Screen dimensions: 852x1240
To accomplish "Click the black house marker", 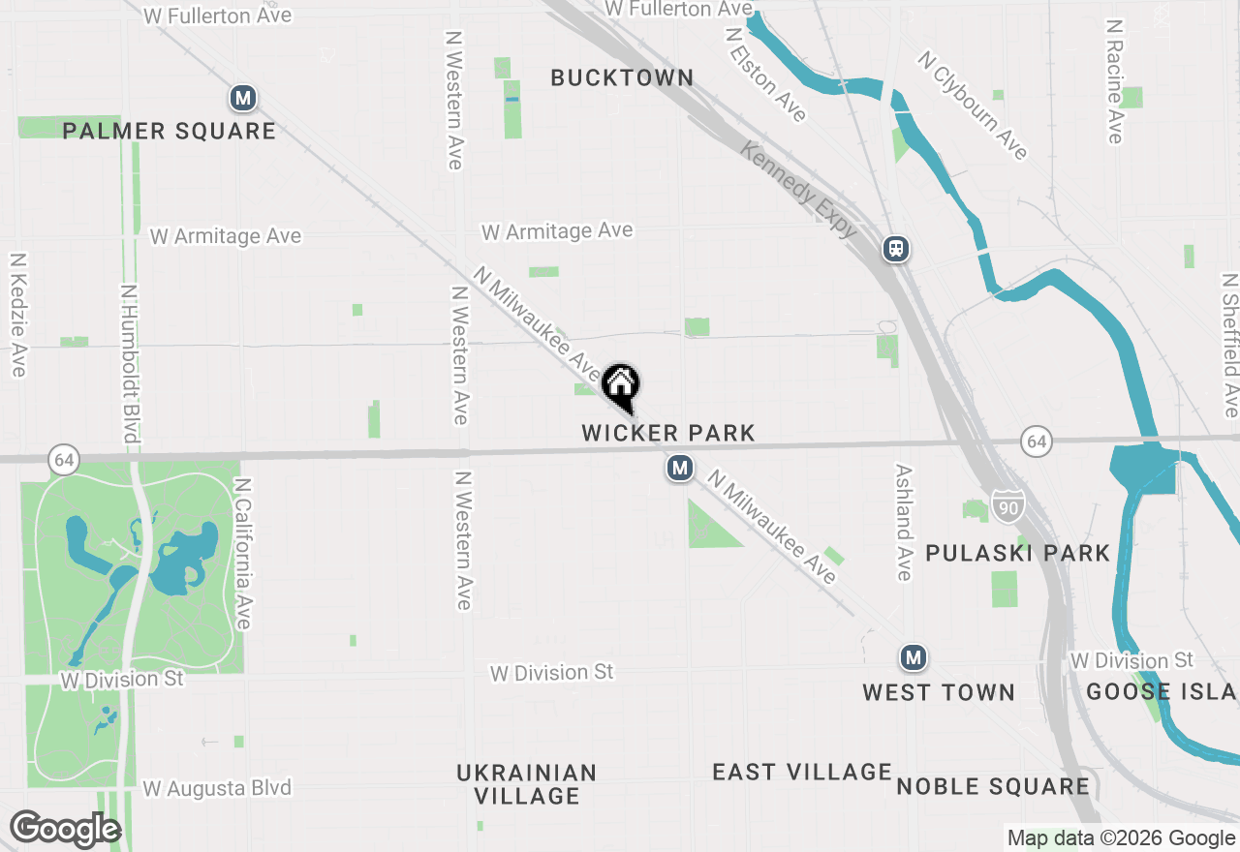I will pos(620,385).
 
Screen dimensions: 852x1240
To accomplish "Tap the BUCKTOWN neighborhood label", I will pos(622,77).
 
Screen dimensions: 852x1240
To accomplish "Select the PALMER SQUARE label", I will pos(170,131).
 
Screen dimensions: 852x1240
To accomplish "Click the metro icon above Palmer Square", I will pos(243,98).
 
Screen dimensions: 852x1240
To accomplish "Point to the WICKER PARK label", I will pos(668,433).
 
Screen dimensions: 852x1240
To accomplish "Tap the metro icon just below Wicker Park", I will pos(679,469).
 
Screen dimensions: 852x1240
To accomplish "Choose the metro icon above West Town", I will pos(913,658).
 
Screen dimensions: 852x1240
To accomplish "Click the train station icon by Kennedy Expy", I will pos(896,250).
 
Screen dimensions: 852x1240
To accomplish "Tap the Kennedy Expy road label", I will pos(799,190).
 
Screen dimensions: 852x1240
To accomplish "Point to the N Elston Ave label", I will pos(765,75).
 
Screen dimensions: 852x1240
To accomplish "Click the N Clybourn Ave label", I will pos(973,106).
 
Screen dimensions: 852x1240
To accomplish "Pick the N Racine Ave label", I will pos(1115,81).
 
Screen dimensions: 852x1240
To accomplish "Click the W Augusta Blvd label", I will pos(217,788).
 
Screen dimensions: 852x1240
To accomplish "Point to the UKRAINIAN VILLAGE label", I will pos(527,784).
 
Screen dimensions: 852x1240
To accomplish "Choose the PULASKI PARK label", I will pos(1017,553).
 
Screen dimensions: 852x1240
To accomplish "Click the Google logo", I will pos(65,830).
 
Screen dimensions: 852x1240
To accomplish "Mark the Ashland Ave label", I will pos(904,522).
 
